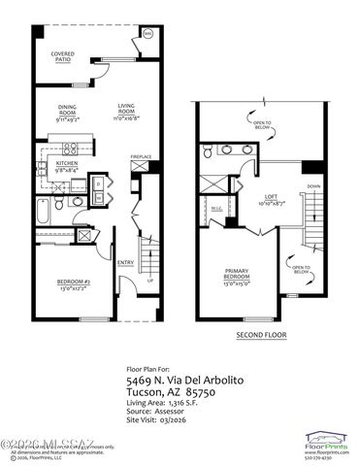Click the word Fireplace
point(141,155)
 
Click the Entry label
point(125,261)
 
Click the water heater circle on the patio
point(147,34)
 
